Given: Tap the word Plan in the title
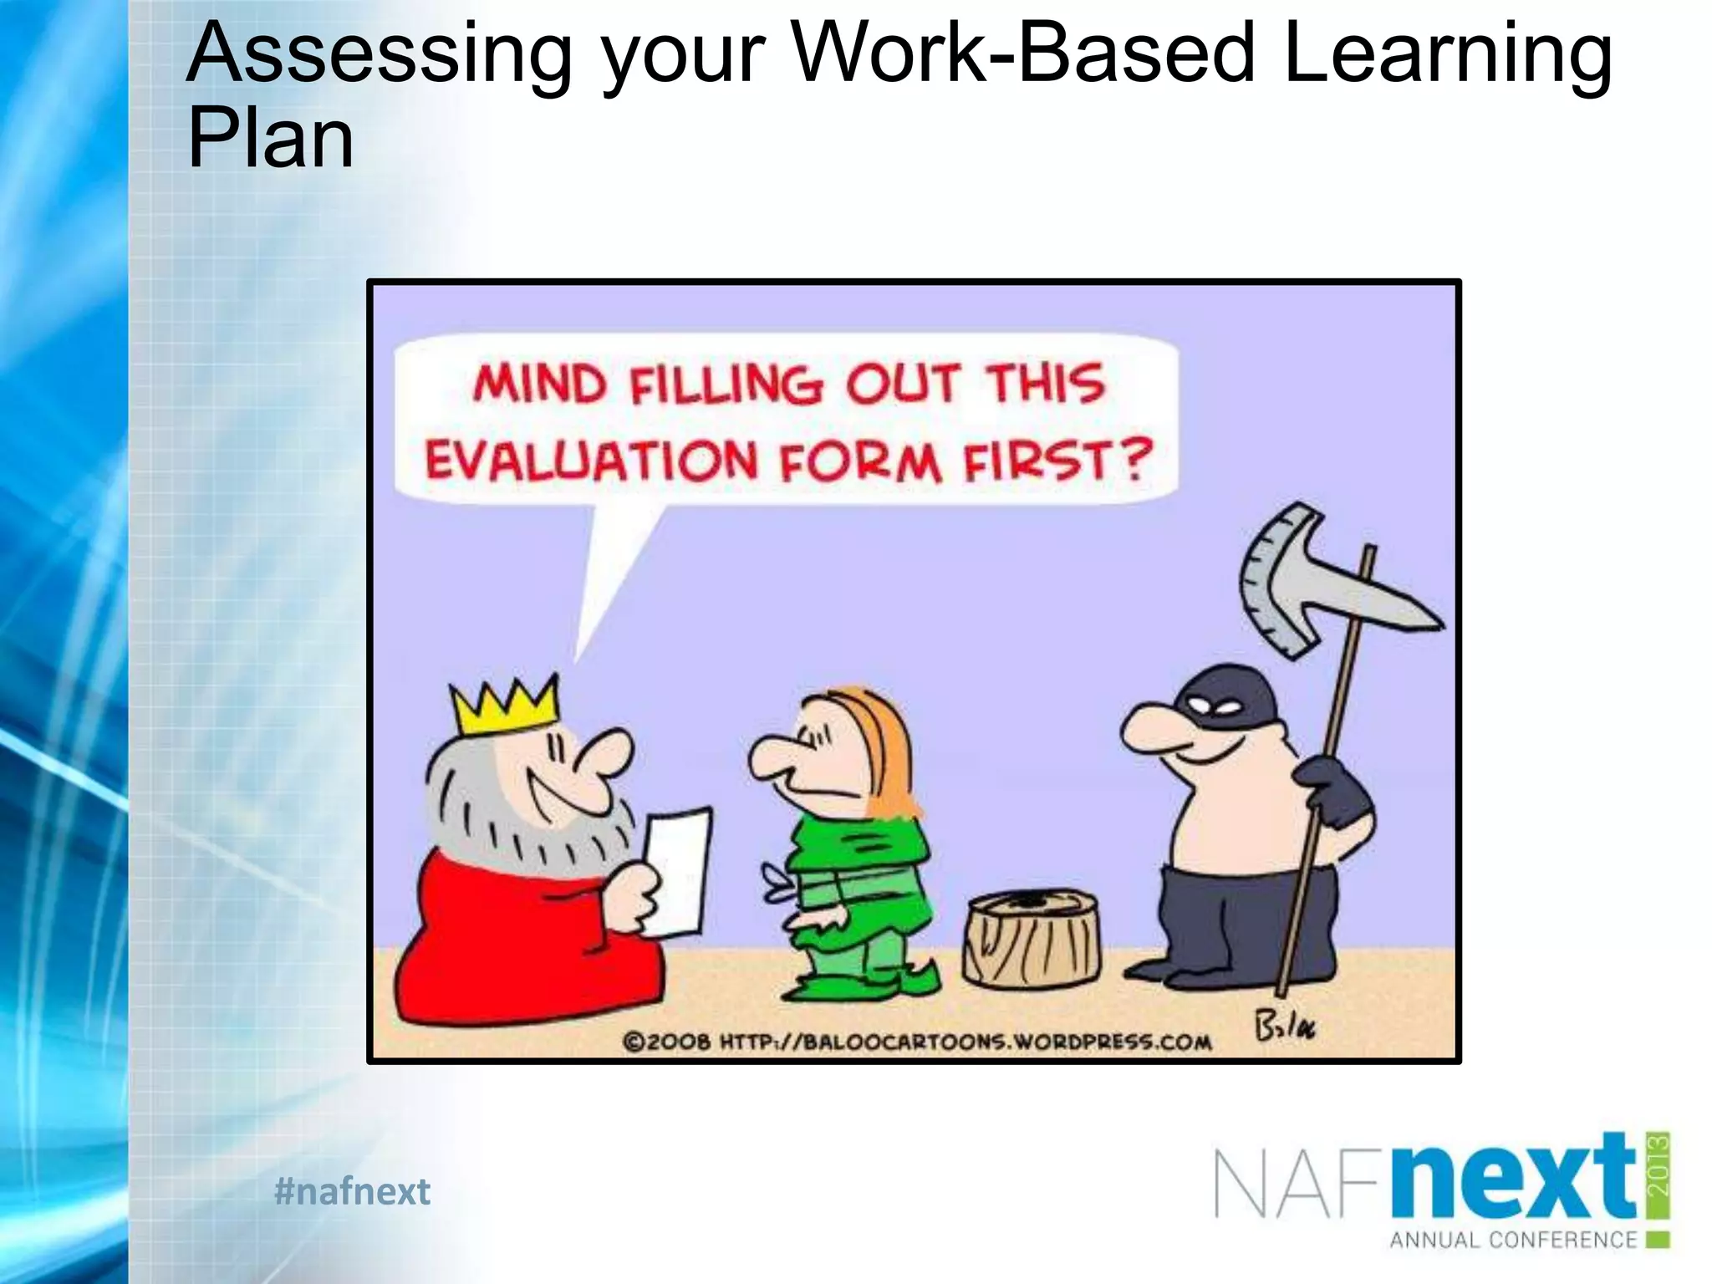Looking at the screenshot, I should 271,139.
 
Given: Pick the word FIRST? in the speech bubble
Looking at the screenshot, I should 1057,461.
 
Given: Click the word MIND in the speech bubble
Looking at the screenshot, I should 539,385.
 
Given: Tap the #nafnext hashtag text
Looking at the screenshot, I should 352,1191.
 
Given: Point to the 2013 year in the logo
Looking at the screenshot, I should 1658,1164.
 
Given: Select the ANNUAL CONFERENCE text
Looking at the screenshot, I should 1513,1240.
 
